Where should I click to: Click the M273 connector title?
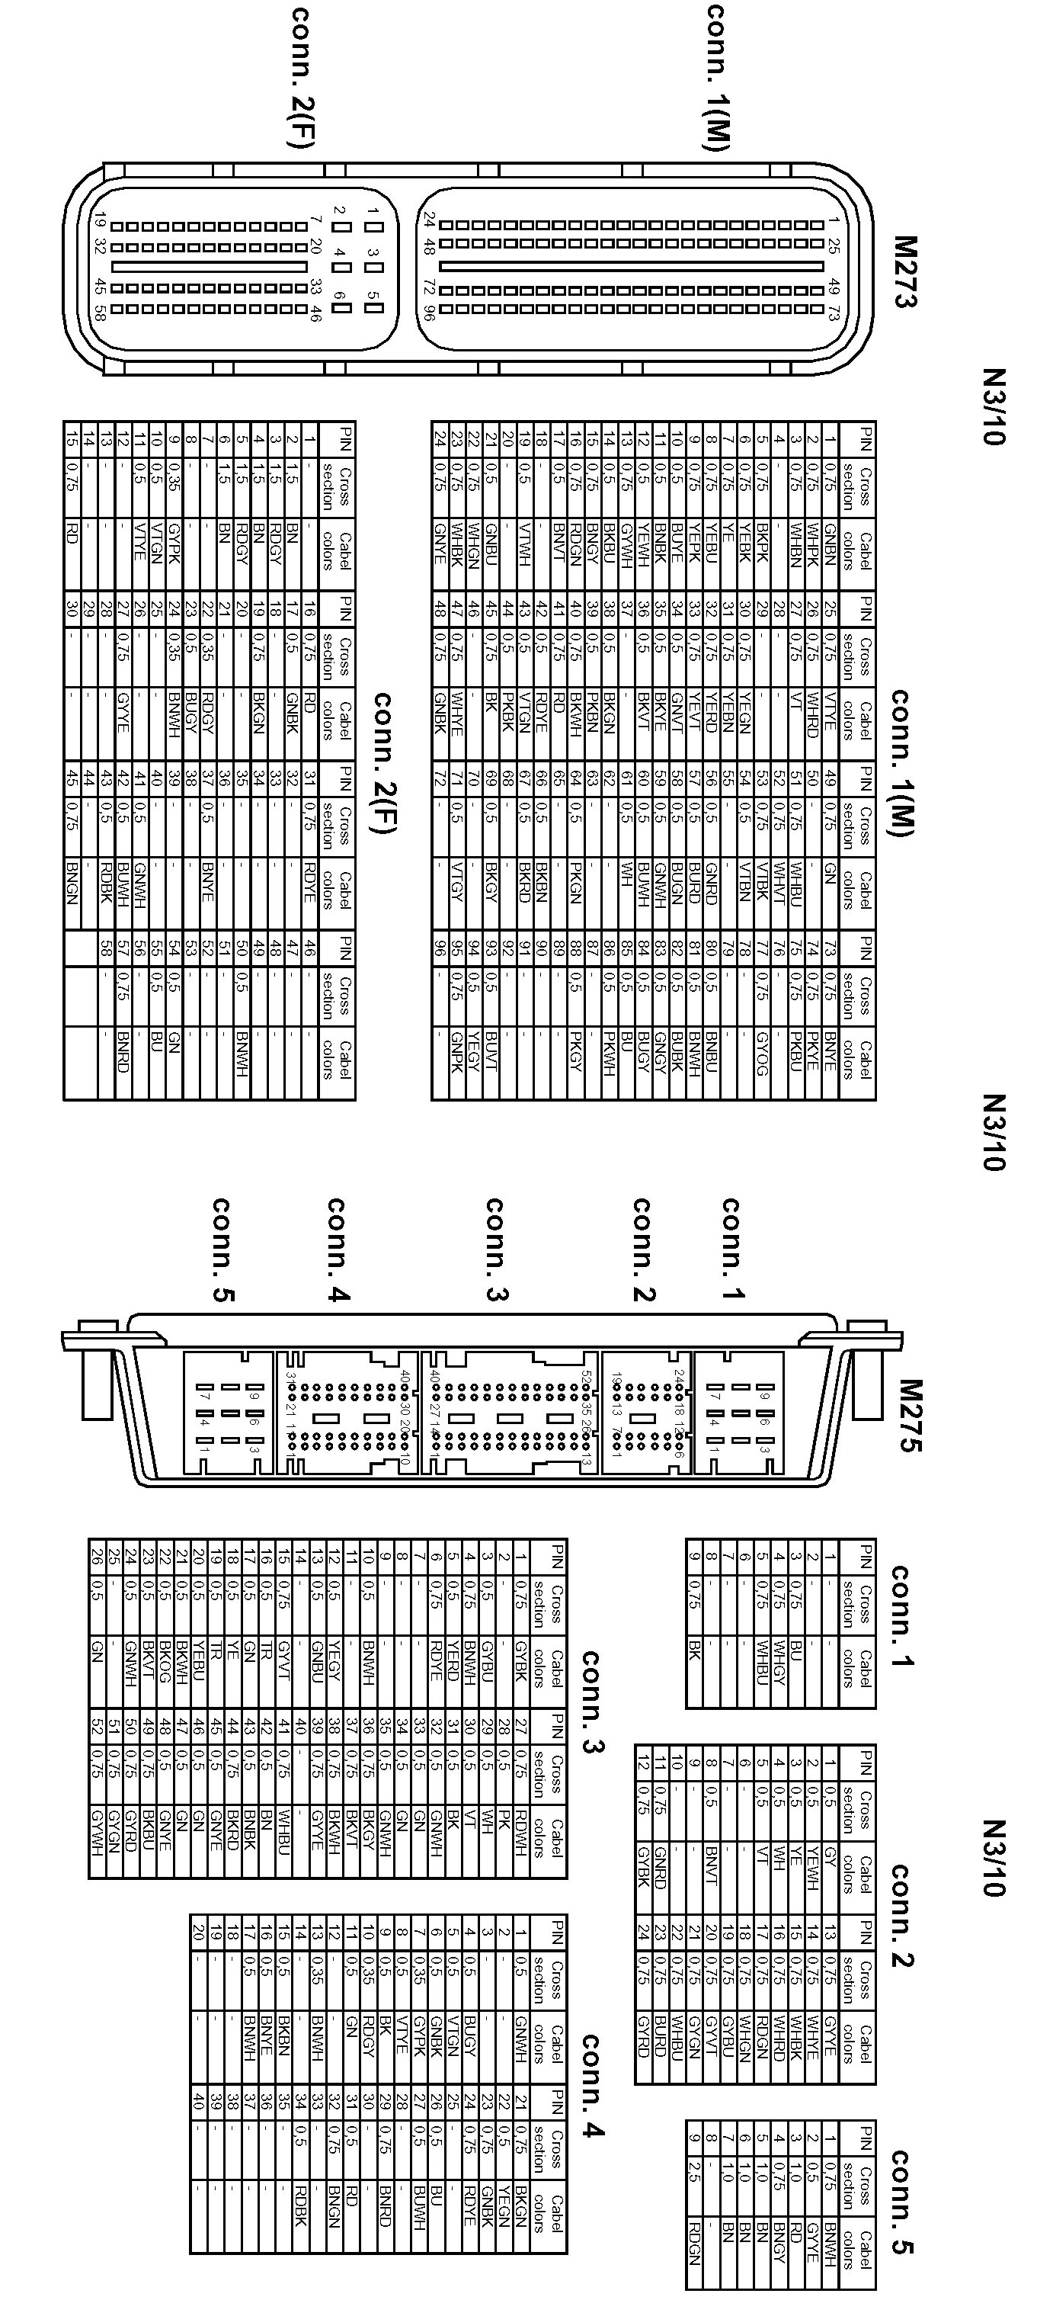pos(904,271)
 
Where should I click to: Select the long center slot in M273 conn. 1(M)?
pos(631,266)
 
